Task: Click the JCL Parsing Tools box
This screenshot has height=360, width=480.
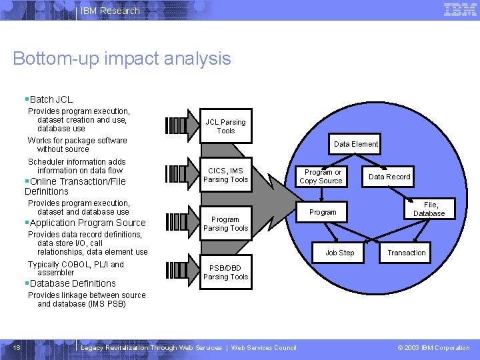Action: coord(225,127)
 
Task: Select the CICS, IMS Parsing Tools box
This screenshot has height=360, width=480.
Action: coord(225,175)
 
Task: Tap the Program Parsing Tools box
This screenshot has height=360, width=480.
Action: coord(225,224)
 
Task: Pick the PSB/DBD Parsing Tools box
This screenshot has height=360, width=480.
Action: coord(225,273)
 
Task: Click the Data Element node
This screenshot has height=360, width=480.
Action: coord(356,144)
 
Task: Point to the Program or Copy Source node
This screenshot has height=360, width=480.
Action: coord(321,177)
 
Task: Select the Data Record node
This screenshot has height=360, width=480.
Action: coord(389,177)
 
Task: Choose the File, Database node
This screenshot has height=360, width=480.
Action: coord(429,209)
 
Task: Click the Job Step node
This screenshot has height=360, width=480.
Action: coord(339,253)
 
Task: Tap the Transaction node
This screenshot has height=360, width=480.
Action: coord(406,253)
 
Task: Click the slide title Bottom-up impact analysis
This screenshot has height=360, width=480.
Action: coord(122,59)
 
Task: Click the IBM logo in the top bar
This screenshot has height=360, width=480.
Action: coord(460,10)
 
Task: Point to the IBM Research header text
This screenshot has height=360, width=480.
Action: coord(110,11)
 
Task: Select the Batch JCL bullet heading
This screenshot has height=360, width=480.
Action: coord(51,99)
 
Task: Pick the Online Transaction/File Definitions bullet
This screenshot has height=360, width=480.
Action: coord(75,186)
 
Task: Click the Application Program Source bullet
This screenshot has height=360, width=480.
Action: coord(87,223)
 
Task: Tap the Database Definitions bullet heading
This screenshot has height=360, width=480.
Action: coord(72,283)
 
